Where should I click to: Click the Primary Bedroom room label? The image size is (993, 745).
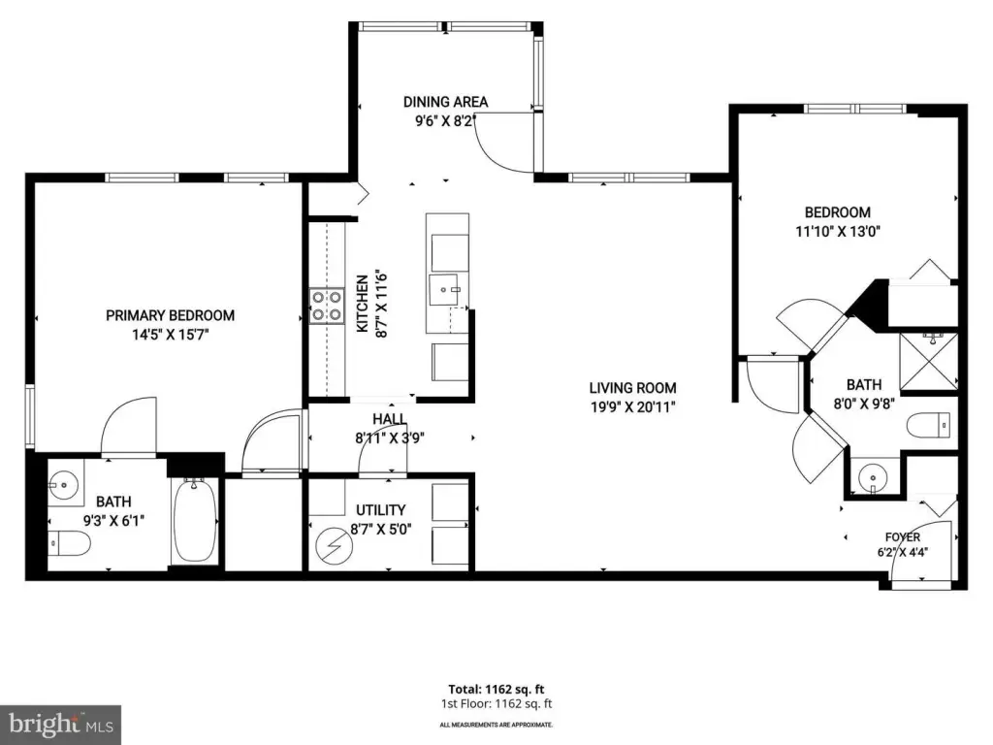(x=170, y=315)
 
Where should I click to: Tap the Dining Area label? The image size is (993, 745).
(x=446, y=101)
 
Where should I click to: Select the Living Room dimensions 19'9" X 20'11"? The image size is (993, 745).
(x=633, y=406)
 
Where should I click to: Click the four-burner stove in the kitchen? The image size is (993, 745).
(x=327, y=306)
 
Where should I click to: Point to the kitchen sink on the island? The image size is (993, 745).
(x=444, y=290)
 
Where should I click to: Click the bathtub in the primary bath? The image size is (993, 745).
(x=194, y=521)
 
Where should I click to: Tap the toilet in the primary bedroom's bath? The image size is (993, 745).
(x=70, y=543)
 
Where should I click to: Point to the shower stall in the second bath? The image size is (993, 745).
(x=928, y=362)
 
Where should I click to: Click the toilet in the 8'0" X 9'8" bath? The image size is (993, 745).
(x=929, y=425)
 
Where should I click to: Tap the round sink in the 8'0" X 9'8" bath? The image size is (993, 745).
(x=874, y=476)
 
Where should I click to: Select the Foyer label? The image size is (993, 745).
(x=903, y=536)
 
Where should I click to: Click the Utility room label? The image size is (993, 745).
(x=380, y=510)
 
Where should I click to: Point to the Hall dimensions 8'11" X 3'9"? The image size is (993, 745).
(x=390, y=437)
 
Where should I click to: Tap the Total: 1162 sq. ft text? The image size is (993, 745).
(x=496, y=690)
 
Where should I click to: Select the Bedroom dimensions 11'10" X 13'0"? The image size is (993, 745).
(x=838, y=231)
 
